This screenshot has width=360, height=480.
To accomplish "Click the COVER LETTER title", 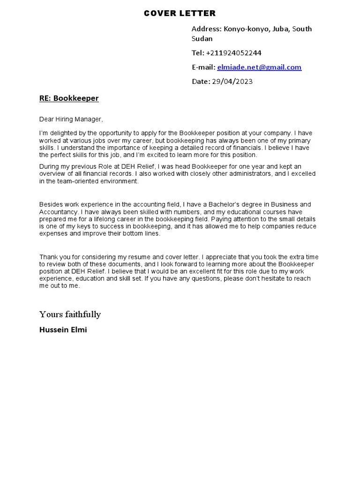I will (180, 13).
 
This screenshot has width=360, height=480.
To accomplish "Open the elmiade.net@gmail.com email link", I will (259, 67).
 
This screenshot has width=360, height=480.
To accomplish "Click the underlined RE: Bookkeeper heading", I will (69, 98).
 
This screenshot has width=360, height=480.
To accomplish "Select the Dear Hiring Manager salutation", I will (71, 119).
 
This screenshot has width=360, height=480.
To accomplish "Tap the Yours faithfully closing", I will (70, 314).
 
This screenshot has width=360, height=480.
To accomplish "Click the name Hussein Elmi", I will (63, 330).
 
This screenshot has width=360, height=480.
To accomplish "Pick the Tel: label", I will (198, 53).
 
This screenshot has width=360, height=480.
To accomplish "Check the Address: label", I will (206, 29).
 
